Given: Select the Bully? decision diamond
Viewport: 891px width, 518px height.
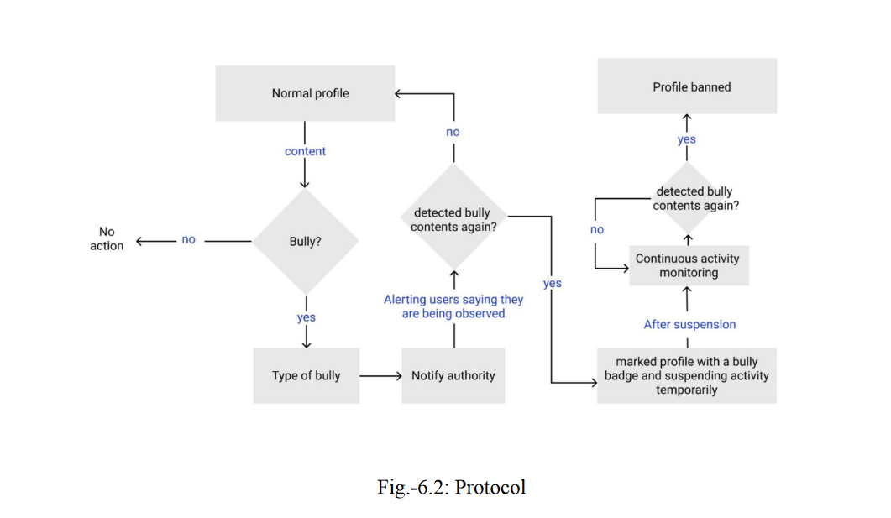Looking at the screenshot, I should [x=305, y=241].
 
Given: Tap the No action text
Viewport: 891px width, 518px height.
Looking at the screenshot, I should [x=107, y=238].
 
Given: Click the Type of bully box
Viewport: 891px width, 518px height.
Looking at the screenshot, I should [x=306, y=375].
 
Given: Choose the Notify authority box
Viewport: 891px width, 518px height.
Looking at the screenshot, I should [x=453, y=375].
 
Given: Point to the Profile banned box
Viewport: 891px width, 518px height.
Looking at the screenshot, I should [x=687, y=86].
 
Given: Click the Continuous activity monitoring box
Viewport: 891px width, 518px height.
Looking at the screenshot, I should [x=688, y=265].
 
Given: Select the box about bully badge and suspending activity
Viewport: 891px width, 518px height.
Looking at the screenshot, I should [x=686, y=375].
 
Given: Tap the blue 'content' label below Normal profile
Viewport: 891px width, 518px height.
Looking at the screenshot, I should [x=305, y=151].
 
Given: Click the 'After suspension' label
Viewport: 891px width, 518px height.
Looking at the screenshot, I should [x=689, y=324].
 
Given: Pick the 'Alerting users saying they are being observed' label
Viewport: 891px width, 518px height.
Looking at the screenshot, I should [x=453, y=306].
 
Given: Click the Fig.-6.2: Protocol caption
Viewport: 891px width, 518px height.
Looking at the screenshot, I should [x=452, y=487].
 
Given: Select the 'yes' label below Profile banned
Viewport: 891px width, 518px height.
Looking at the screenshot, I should [x=687, y=139].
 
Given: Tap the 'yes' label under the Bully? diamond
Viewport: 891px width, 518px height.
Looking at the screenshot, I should [x=306, y=317].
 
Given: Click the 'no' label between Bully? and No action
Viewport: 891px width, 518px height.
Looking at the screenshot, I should [x=188, y=239].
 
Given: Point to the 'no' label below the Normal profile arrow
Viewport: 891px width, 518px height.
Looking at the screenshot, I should [x=453, y=132].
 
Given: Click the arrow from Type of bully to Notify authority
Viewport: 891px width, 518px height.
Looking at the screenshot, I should [x=380, y=376].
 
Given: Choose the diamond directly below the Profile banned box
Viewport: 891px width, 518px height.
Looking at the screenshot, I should [x=688, y=198].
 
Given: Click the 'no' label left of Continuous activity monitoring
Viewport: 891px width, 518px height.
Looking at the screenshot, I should [x=596, y=229].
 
